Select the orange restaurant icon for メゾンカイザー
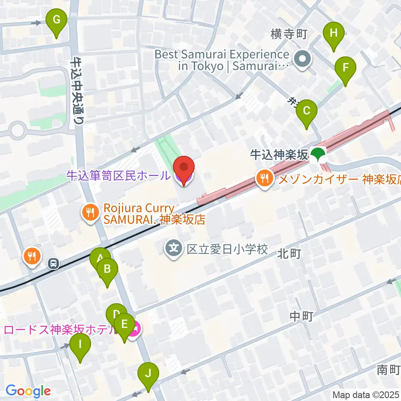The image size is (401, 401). click(x=264, y=179)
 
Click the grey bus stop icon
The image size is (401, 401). click(x=53, y=263)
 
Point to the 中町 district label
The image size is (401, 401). click(x=302, y=316)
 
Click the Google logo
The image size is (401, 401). click(x=28, y=391)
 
